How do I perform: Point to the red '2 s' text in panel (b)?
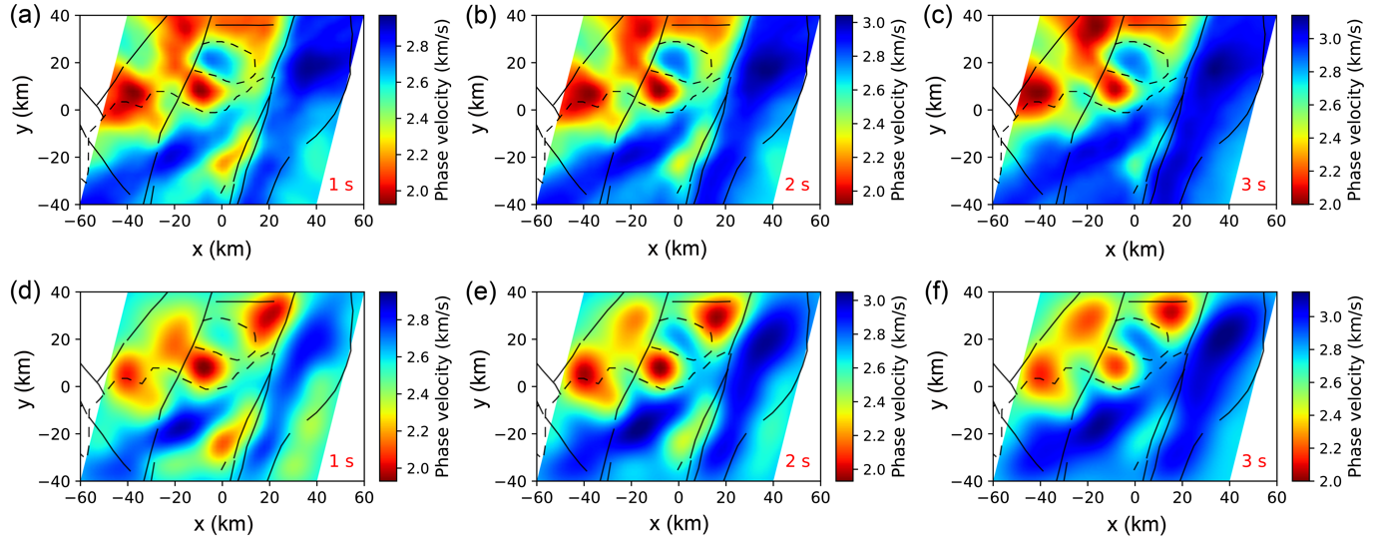pyautogui.click(x=796, y=185)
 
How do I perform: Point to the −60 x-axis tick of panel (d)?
pyautogui.click(x=81, y=497)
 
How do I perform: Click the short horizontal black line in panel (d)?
pyautogui.click(x=244, y=300)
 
